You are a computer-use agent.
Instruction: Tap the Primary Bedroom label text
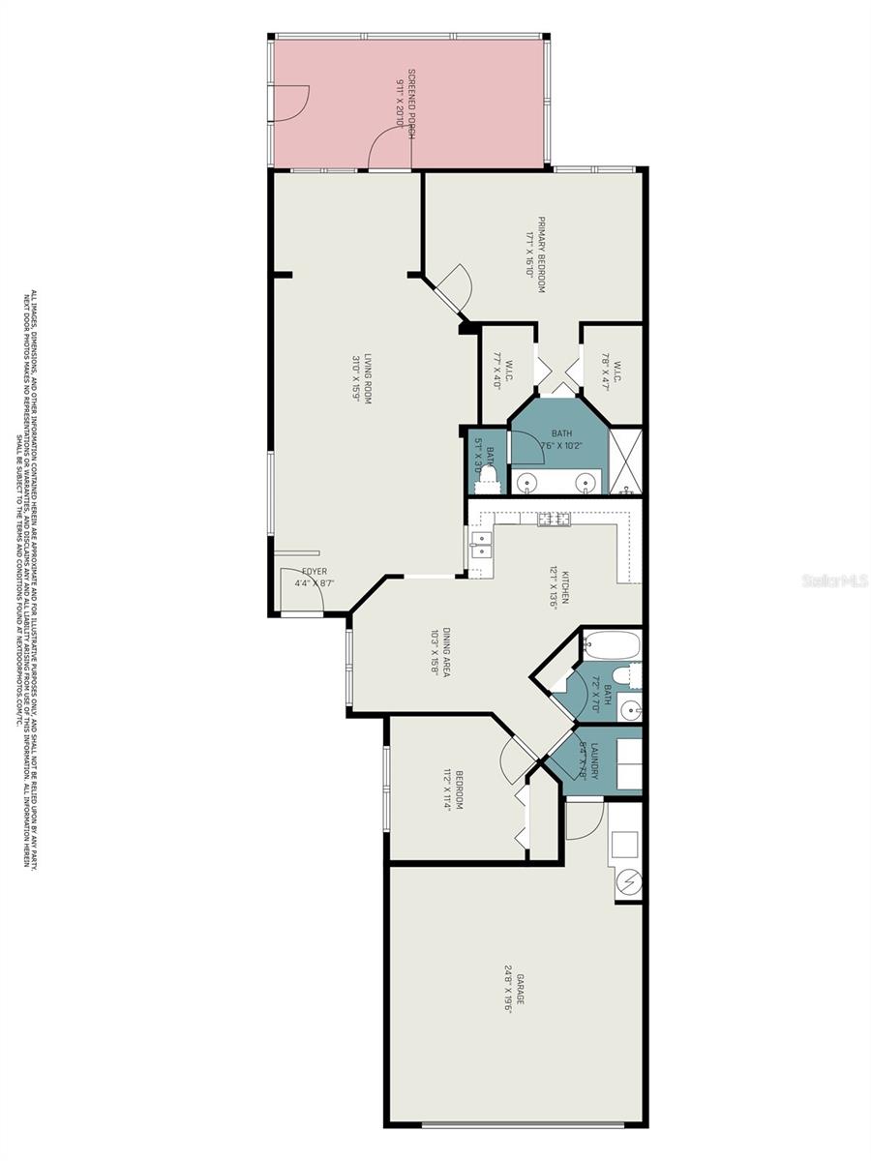542,254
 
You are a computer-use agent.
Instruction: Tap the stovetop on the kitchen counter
555,520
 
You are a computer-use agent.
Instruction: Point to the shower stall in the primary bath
625,461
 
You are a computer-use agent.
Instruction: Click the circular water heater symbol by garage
630,882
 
